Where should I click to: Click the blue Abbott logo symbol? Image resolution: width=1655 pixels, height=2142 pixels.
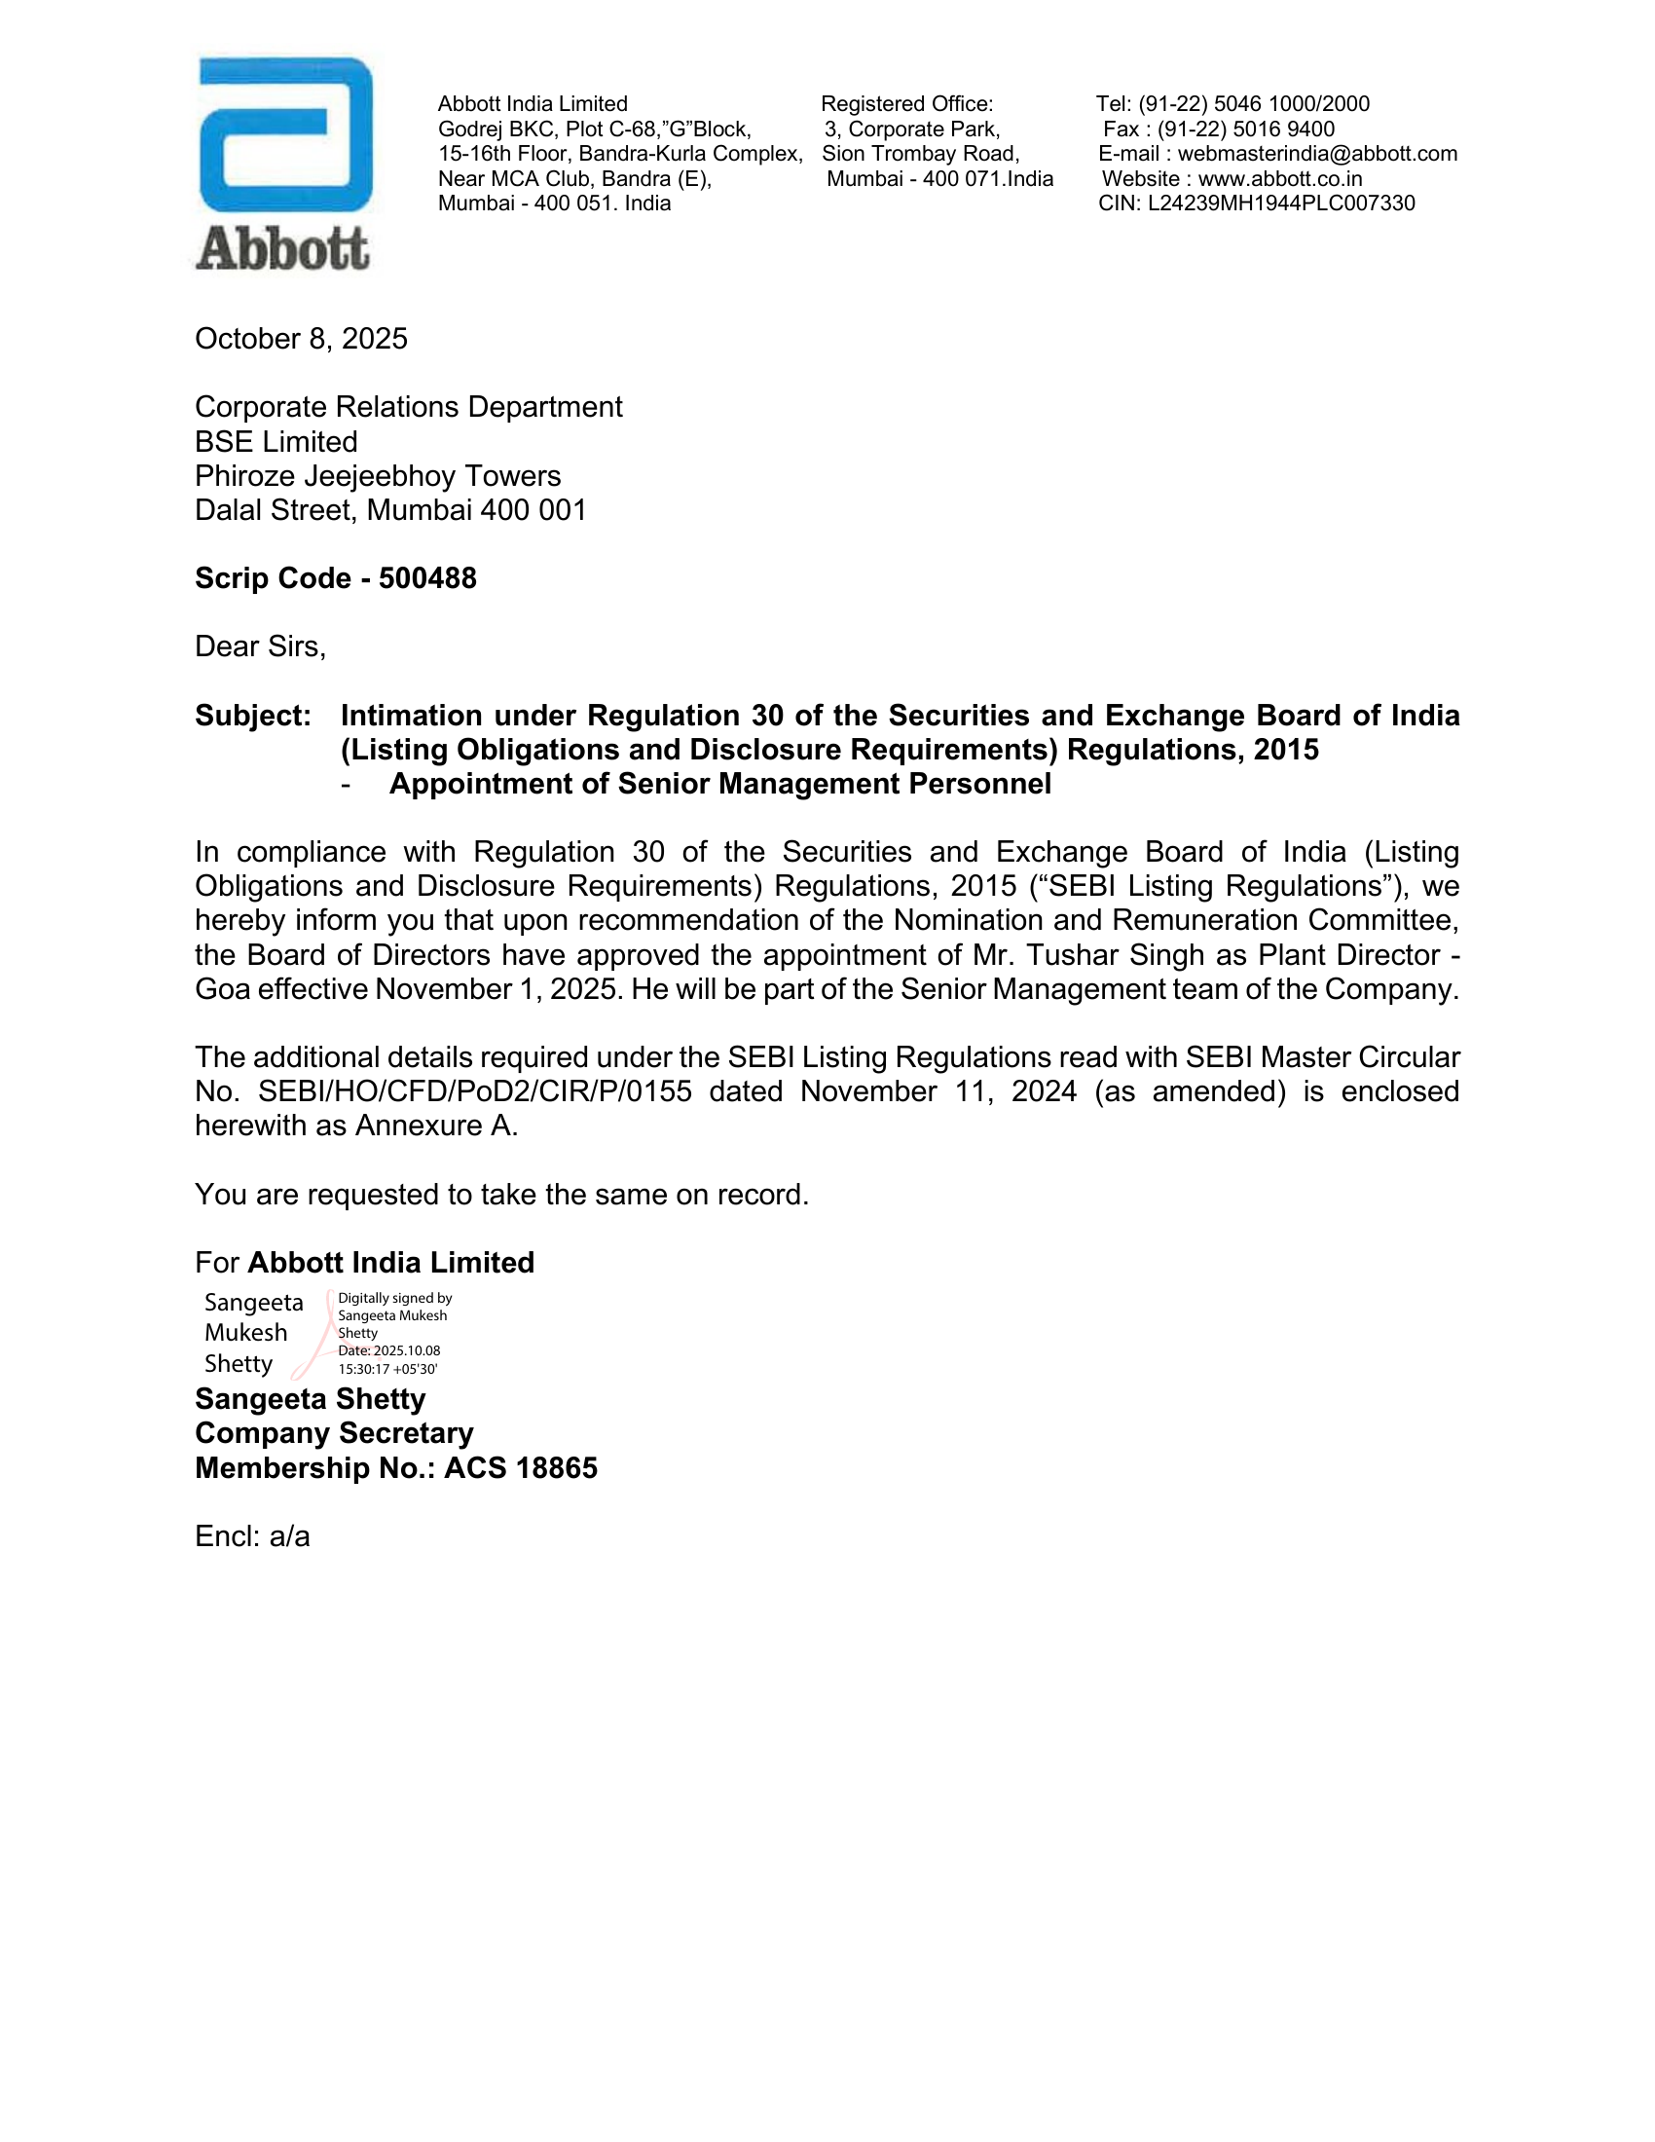(285, 134)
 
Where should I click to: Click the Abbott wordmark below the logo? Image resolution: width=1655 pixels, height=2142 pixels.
(282, 249)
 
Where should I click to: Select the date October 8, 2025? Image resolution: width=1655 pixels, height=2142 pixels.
(301, 339)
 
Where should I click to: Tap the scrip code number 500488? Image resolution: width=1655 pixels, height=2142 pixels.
(427, 578)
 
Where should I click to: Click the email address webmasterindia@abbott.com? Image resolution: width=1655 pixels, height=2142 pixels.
(1317, 154)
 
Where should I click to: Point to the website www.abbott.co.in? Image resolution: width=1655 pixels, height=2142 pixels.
(1279, 178)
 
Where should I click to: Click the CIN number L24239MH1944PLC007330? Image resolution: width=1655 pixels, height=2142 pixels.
(1280, 203)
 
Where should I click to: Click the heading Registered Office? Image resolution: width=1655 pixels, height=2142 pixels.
(907, 104)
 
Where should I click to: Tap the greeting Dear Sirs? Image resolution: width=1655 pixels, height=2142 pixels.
(260, 646)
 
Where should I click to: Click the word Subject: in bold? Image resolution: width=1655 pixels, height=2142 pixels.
(253, 716)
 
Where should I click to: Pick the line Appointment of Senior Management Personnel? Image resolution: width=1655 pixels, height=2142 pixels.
(719, 784)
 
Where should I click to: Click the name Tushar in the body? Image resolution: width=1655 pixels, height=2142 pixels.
(1065, 955)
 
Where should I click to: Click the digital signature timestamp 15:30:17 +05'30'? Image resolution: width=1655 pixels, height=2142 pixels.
(387, 1369)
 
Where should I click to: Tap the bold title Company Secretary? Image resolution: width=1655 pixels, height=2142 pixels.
(333, 1433)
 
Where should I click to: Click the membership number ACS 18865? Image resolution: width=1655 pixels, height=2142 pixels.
(520, 1468)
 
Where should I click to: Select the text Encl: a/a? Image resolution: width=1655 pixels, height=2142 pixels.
(252, 1535)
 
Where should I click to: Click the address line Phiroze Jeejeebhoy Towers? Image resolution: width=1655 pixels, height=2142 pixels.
(378, 476)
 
